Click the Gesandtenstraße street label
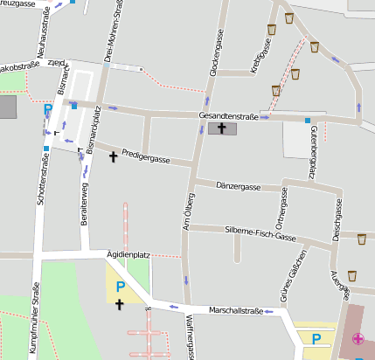pyautogui.click(x=229, y=115)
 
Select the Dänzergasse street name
pyautogui.click(x=239, y=187)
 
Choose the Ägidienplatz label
pyautogui.click(x=128, y=254)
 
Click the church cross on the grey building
pyautogui.click(x=222, y=129)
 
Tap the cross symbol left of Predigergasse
pyautogui.click(x=113, y=157)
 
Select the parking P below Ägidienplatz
pyautogui.click(x=121, y=287)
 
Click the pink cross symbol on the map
pyautogui.click(x=358, y=339)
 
